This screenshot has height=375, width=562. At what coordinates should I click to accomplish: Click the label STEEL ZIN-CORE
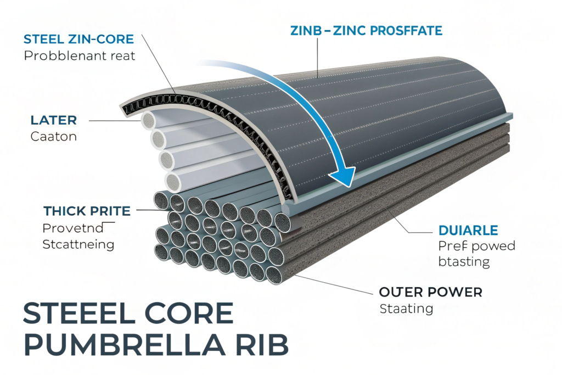(79, 38)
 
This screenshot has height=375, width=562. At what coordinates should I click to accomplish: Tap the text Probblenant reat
(79, 55)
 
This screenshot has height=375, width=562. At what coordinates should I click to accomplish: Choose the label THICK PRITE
(87, 210)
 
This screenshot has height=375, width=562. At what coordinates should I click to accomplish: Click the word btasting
(464, 261)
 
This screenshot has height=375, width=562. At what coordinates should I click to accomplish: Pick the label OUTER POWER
(430, 292)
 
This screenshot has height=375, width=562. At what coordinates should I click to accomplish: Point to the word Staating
(406, 309)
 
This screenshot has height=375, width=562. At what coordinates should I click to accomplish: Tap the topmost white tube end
(148, 121)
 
